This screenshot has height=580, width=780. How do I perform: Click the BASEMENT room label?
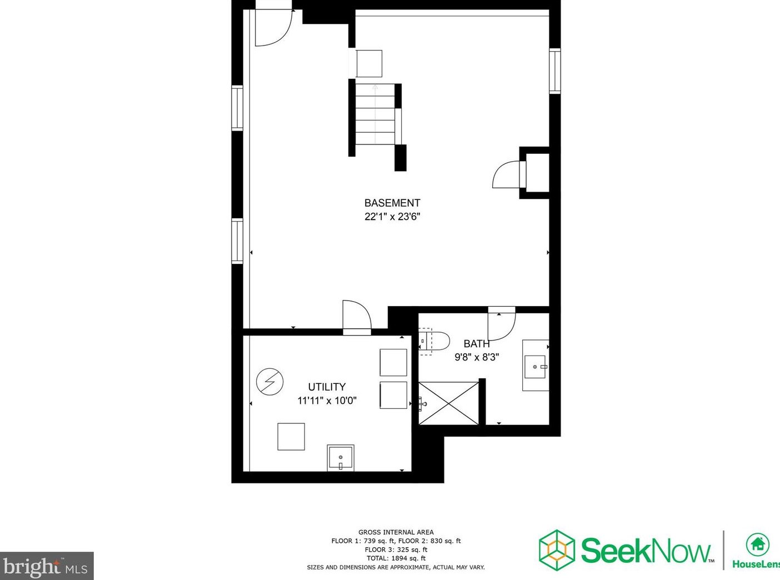(x=392, y=203)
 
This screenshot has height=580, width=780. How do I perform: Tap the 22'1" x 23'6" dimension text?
(x=392, y=217)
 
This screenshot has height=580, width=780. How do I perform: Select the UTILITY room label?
(x=327, y=387)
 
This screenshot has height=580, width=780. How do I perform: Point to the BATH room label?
(x=477, y=344)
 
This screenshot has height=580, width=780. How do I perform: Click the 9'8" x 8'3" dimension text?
(x=477, y=357)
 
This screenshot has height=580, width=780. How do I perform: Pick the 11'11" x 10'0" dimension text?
(x=327, y=400)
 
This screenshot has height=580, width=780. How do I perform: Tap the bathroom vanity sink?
(x=536, y=366)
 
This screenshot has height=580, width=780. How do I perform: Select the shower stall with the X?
(x=448, y=403)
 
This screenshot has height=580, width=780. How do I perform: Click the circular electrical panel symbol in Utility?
(x=270, y=382)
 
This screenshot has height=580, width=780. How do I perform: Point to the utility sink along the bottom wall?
(x=341, y=457)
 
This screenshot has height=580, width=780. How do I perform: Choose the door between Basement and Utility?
(x=356, y=318)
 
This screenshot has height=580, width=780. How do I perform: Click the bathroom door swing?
(x=501, y=323)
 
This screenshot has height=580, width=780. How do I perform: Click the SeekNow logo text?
(x=646, y=550)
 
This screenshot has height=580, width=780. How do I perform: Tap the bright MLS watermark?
(x=46, y=567)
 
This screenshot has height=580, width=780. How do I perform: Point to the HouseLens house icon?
(x=757, y=544)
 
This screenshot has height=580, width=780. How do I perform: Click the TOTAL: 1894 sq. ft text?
(x=396, y=558)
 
